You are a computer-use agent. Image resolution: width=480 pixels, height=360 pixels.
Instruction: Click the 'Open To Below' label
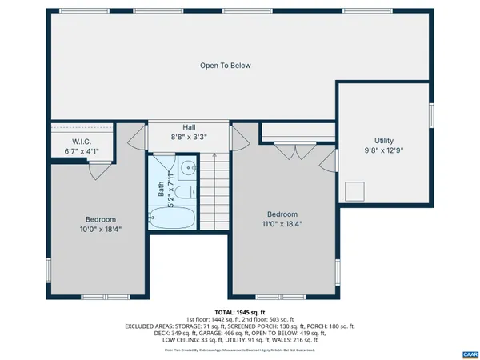point(226,66)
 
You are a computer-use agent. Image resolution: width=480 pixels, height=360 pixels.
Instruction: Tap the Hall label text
point(189,126)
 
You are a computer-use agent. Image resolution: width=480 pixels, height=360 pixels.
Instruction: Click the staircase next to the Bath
point(212,192)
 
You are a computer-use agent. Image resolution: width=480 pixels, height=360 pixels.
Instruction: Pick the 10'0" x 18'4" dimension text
point(101,229)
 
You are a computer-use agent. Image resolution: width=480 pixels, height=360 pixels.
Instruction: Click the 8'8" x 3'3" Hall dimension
point(189,137)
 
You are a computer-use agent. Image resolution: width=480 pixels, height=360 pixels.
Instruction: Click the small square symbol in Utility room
point(354,191)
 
